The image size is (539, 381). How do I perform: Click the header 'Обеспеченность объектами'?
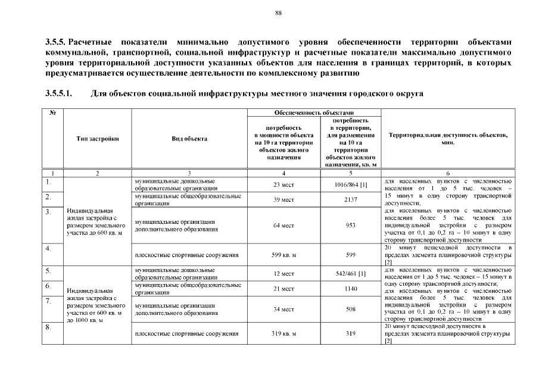tap(314, 112)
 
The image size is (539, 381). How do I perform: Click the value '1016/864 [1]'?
tap(351, 185)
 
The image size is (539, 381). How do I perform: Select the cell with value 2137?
tap(351, 199)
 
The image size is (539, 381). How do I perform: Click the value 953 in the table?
tap(351, 225)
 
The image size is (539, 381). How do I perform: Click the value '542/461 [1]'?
tap(351, 274)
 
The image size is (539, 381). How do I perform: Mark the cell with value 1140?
tap(351, 289)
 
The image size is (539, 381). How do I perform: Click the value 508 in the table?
tap(351, 310)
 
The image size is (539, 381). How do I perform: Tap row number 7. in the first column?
tap(48, 300)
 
